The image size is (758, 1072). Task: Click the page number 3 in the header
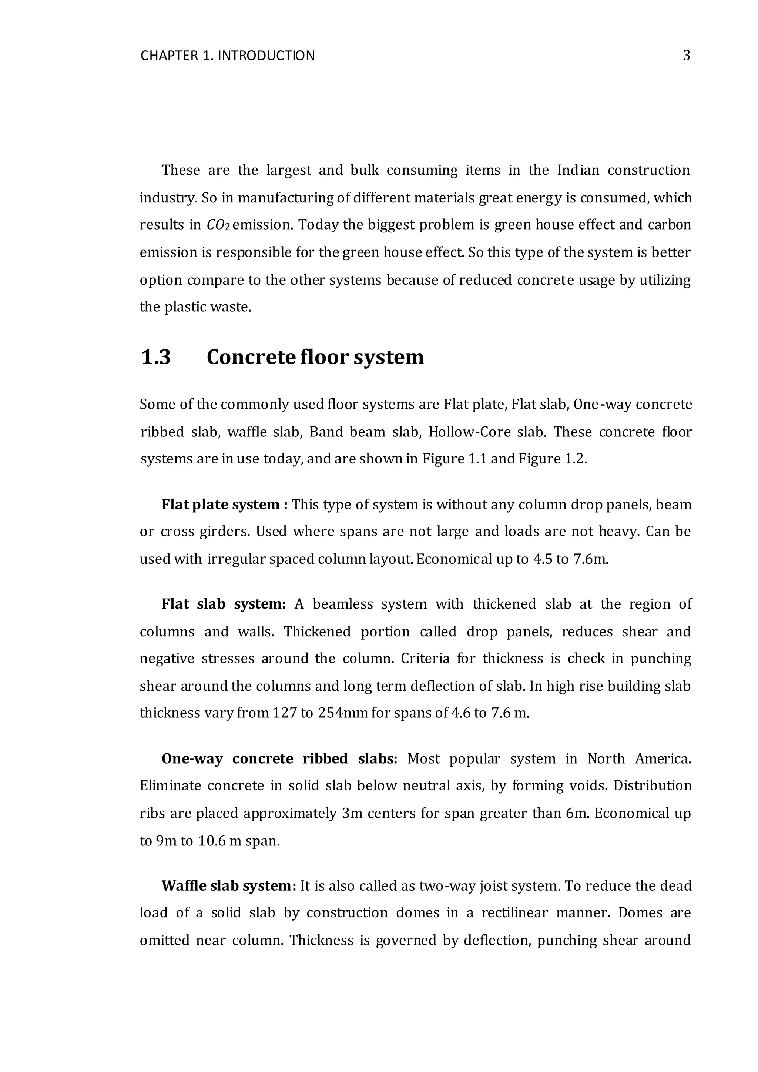tap(686, 56)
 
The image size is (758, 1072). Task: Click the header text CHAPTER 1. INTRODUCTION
tap(227, 56)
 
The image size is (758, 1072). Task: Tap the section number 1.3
tap(155, 357)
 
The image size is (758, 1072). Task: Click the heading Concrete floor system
tap(315, 357)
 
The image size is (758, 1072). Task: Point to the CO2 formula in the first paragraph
tap(218, 225)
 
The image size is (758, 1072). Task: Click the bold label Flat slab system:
tap(224, 604)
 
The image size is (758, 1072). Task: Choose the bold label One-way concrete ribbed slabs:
tap(279, 759)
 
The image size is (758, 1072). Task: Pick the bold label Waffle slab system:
tap(229, 886)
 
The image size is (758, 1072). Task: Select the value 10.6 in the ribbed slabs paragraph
tap(209, 841)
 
